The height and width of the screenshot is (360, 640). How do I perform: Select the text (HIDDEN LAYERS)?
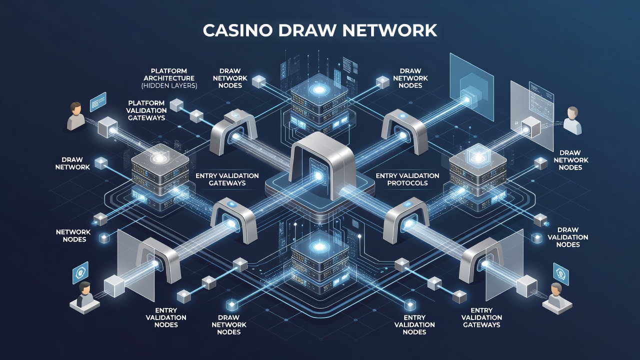169,85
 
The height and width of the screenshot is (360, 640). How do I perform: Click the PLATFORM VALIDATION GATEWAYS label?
146,110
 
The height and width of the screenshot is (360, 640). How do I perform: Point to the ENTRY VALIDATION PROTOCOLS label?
407,179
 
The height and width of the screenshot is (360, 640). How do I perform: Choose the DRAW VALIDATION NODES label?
568,237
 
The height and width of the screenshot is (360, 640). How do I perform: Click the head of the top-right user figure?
572,113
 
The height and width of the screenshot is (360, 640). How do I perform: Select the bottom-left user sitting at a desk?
84,298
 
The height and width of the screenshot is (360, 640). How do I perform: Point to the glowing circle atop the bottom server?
318,246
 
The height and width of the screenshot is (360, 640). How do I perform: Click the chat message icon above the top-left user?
98,101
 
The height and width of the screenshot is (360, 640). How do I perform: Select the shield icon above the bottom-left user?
80,273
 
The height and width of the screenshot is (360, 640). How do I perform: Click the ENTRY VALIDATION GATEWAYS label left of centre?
227,179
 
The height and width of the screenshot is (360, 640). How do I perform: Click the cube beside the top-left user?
107,127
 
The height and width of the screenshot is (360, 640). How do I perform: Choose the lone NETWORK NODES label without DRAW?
73,235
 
